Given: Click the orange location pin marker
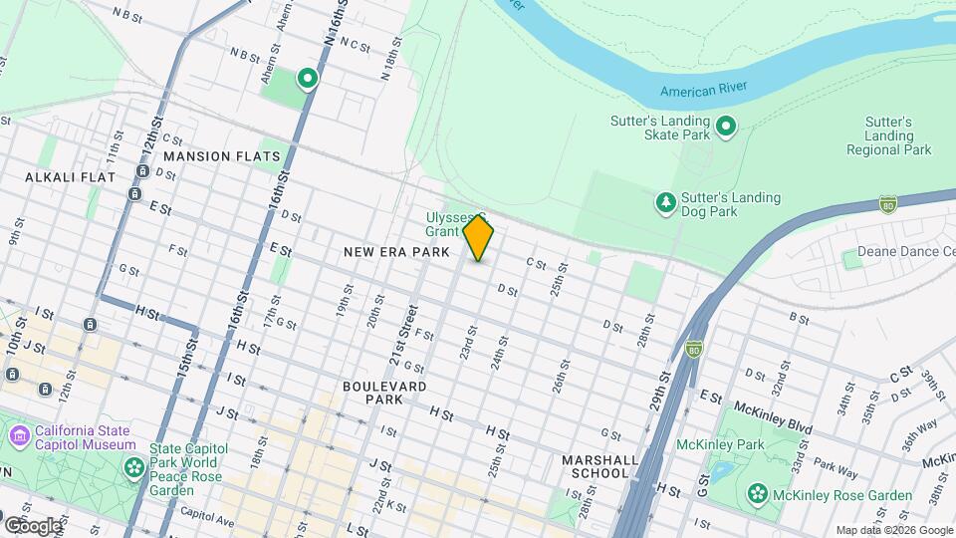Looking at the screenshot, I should (x=479, y=237).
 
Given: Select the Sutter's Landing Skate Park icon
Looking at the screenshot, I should (x=727, y=125).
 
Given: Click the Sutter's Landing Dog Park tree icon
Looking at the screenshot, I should (x=665, y=203).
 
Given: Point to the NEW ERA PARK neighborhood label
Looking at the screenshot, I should (x=397, y=252).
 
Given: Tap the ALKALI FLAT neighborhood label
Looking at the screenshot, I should (x=70, y=176).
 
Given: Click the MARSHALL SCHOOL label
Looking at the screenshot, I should (x=599, y=465).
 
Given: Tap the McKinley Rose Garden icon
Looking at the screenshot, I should (x=759, y=493).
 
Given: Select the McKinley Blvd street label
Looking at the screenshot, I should (x=771, y=407).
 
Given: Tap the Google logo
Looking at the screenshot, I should (x=33, y=525).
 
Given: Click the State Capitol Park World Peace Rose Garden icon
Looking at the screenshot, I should (x=133, y=467).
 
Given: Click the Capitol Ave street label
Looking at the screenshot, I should (x=207, y=520).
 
